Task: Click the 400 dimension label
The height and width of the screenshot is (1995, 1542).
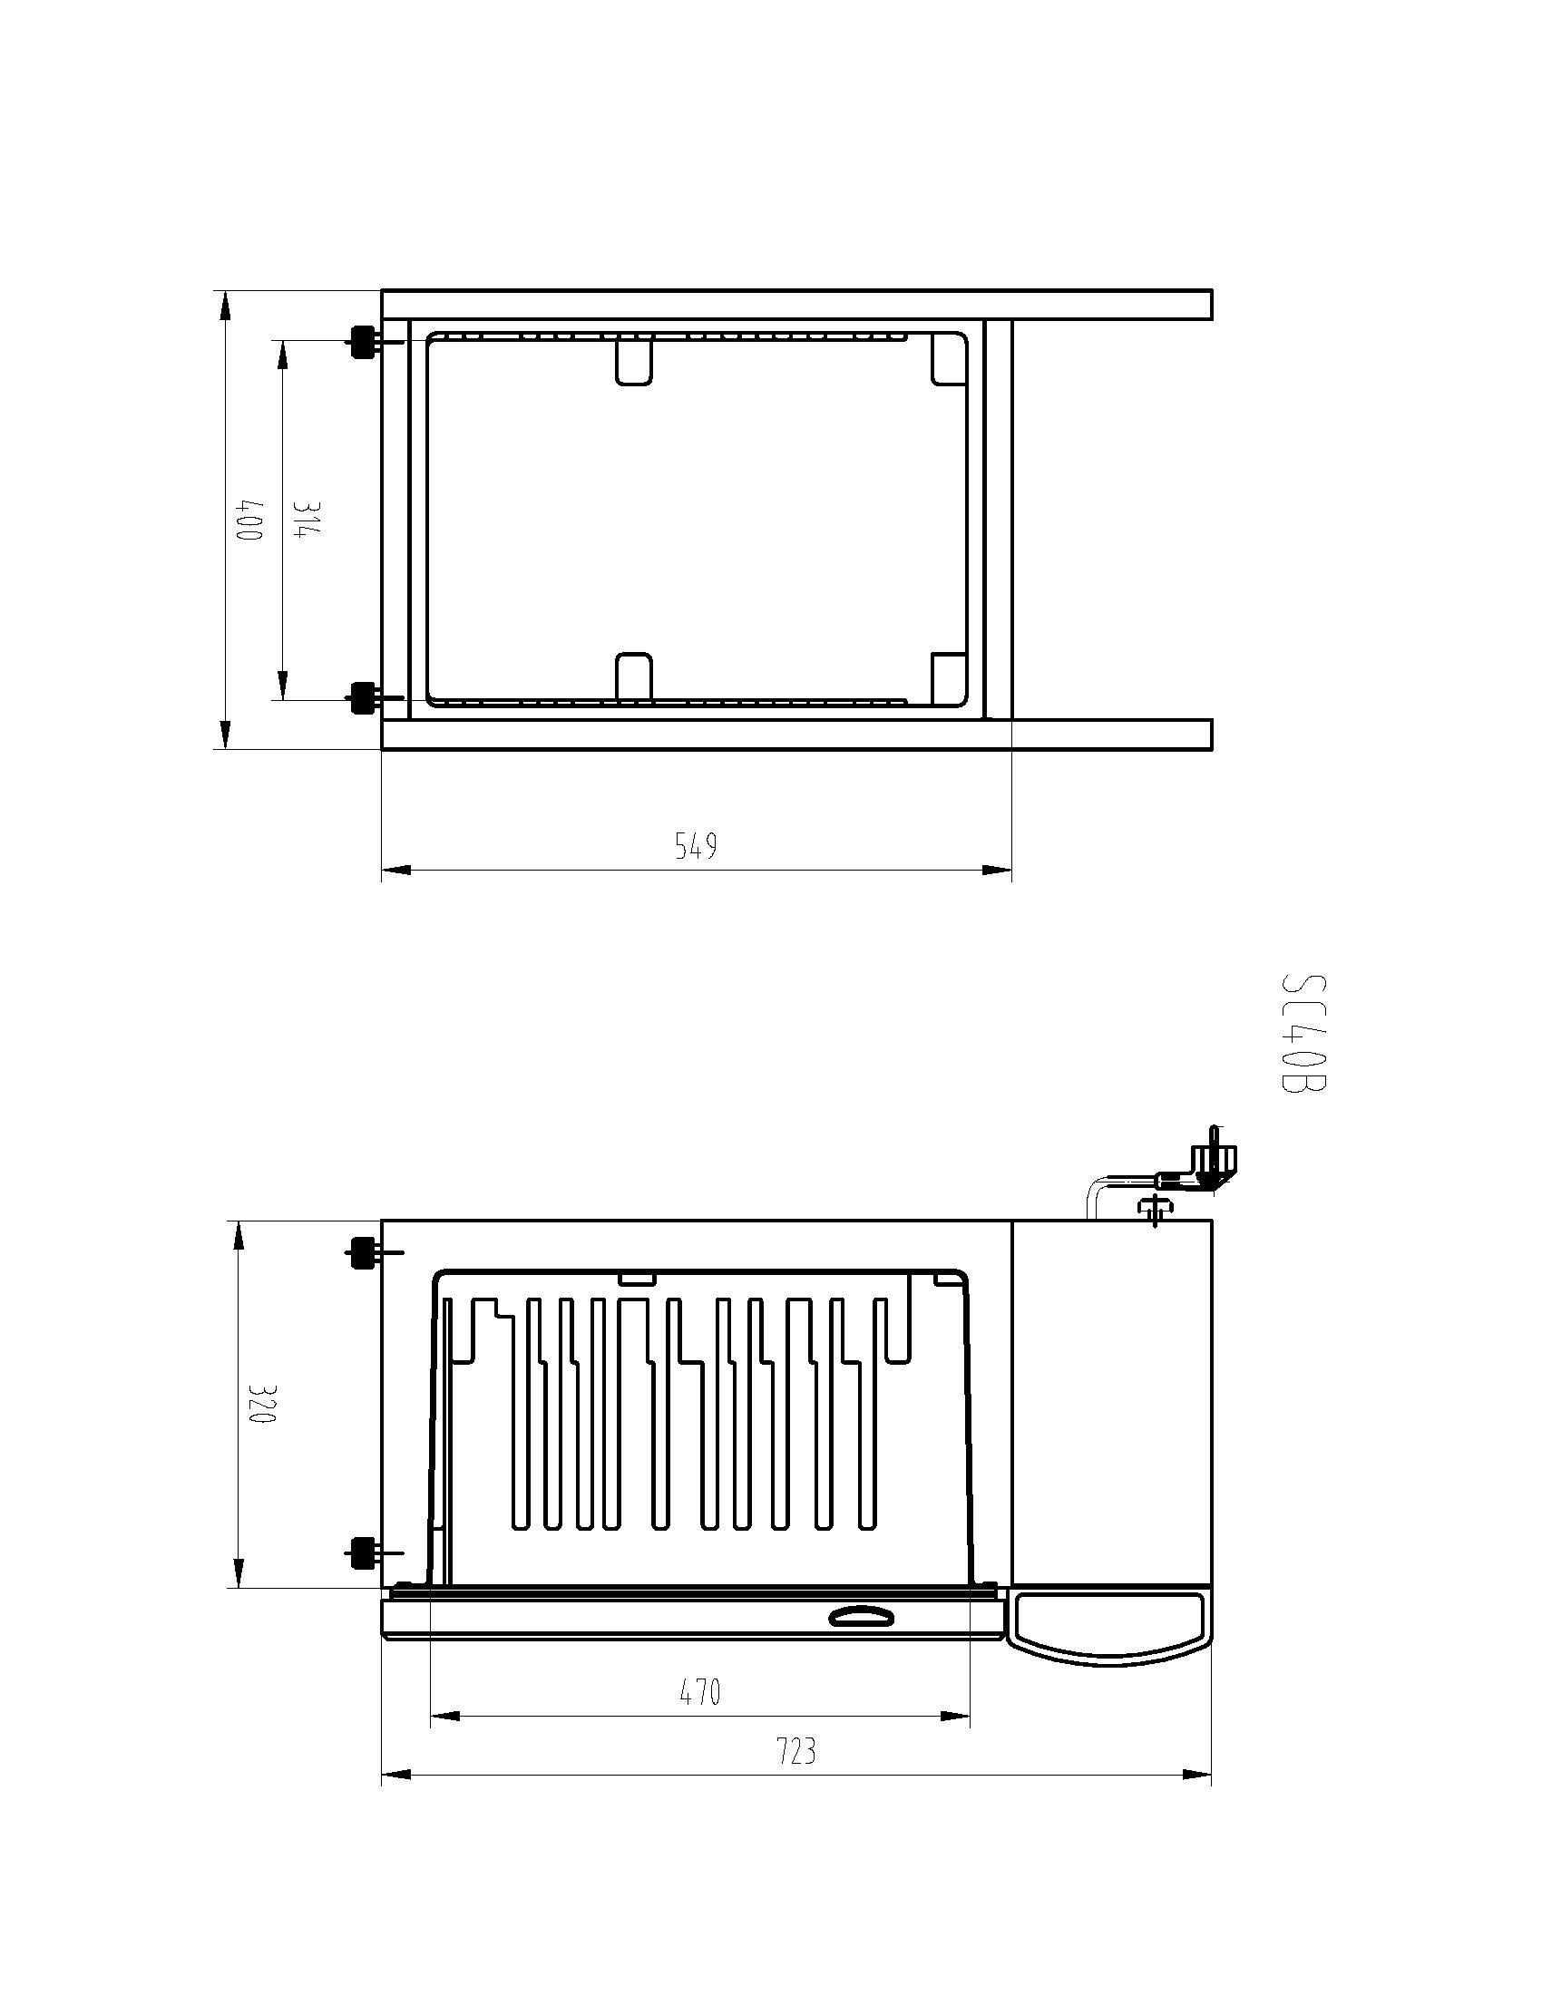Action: [249, 519]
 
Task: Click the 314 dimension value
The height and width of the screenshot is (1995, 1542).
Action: [304, 519]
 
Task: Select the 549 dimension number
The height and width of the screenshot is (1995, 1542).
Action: [695, 846]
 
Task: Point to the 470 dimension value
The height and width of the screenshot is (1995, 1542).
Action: [699, 1692]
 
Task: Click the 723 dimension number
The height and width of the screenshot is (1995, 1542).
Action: [795, 1751]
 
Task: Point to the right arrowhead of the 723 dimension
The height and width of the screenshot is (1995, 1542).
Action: [1197, 1775]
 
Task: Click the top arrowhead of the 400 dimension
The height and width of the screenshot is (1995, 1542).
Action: [225, 305]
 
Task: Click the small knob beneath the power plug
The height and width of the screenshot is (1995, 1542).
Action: [1155, 1209]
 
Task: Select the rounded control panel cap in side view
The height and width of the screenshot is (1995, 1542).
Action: [1110, 1627]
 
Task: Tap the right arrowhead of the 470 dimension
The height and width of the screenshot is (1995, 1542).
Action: [956, 1717]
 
